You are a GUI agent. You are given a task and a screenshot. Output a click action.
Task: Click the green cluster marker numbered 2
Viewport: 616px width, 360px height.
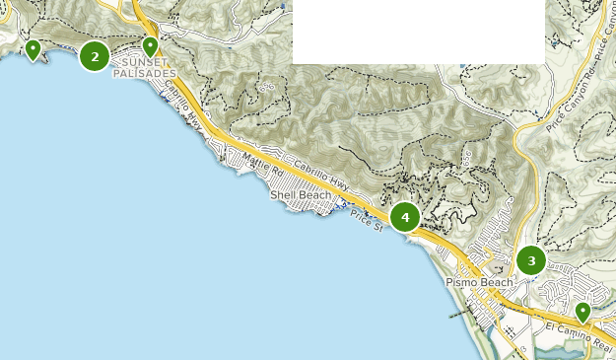point(95,57)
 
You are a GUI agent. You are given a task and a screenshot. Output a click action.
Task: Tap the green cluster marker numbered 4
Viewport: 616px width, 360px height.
point(405,217)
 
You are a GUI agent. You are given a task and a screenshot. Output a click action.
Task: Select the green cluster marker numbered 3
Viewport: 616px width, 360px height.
point(531,261)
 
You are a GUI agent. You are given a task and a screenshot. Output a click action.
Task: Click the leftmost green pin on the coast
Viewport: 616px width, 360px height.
point(34,49)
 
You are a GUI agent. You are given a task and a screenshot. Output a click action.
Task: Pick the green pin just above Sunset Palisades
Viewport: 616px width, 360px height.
point(151,45)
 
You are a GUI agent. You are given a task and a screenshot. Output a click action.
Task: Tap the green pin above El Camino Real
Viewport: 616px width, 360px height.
point(582,312)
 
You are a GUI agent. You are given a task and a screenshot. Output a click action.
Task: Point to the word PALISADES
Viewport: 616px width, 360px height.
point(145,73)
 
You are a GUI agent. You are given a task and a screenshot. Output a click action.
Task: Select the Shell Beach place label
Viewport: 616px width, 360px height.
point(301,195)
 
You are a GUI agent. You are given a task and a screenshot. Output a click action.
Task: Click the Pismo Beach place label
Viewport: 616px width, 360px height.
point(479,282)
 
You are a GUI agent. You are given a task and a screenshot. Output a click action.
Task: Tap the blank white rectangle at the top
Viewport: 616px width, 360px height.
point(418,32)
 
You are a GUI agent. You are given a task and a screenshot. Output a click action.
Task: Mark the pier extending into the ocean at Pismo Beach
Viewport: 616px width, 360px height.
point(455,313)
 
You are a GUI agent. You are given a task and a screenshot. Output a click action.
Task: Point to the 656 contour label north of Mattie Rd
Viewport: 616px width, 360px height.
point(266,86)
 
